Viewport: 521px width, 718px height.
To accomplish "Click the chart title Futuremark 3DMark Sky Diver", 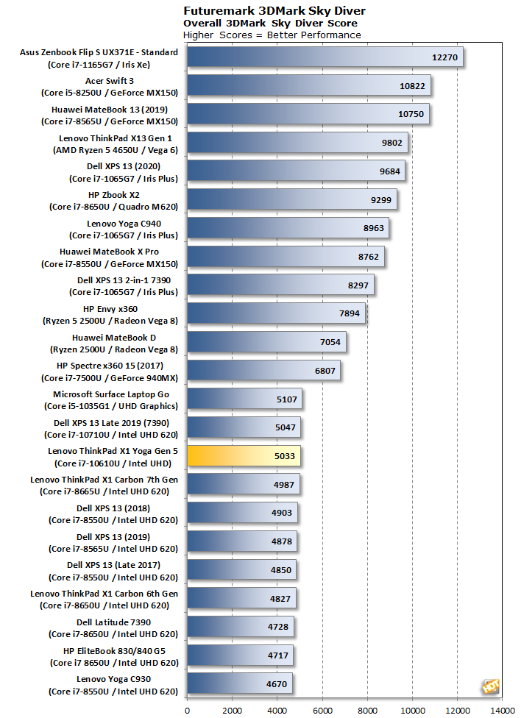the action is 274,10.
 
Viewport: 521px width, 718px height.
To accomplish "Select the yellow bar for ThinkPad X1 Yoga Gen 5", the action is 244,455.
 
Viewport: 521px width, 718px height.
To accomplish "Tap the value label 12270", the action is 444,57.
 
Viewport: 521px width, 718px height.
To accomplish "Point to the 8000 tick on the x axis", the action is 367,710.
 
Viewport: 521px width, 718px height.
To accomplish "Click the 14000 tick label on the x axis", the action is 503,710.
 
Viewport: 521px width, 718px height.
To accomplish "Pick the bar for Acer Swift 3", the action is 309,85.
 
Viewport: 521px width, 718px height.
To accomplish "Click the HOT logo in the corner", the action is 491,686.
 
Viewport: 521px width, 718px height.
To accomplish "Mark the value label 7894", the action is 349,313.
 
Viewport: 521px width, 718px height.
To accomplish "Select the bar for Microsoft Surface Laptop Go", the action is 244,399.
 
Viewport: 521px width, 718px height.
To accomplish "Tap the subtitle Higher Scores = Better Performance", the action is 272,35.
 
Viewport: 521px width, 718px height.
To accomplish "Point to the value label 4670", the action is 277,684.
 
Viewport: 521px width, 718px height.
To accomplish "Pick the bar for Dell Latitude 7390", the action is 241,627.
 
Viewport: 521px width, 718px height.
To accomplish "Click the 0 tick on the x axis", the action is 187,710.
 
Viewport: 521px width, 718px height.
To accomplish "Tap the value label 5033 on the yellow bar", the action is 285,456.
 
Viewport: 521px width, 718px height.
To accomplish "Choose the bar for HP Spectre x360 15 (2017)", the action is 263,371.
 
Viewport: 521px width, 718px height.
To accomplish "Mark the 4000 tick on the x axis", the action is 277,710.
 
